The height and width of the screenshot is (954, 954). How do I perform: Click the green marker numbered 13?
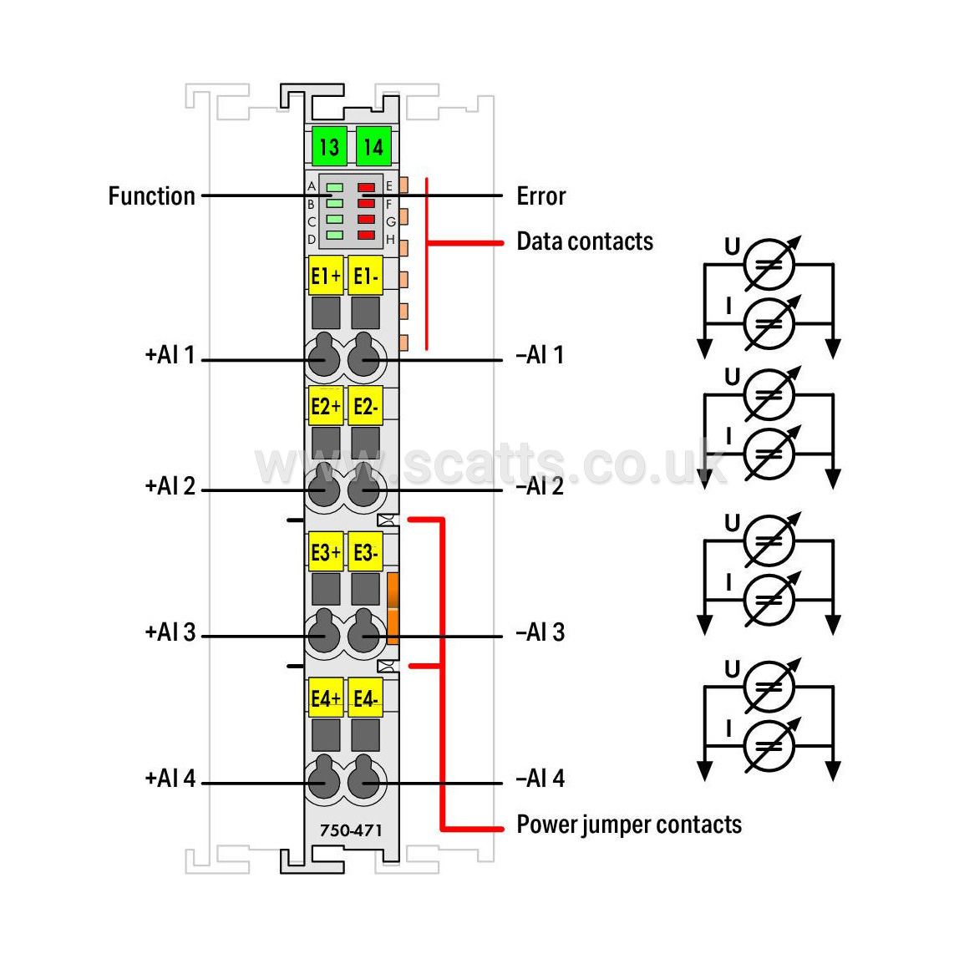coord(329,146)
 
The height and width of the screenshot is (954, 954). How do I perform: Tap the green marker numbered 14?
coord(373,146)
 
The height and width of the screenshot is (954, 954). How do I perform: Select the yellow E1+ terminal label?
coord(326,276)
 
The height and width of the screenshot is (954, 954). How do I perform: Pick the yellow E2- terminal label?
coord(366,405)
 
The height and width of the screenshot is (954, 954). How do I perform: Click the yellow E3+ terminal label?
coord(326,551)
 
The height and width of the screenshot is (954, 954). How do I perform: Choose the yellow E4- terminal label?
coord(366,698)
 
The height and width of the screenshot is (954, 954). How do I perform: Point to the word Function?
coord(151,196)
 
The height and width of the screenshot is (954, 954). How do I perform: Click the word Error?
coord(540,196)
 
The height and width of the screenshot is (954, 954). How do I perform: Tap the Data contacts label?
coord(585,241)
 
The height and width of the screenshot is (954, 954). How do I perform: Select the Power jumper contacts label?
coord(629,825)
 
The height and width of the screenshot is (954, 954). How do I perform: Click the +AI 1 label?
coord(170,355)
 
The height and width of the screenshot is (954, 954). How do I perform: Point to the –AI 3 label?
coord(540,632)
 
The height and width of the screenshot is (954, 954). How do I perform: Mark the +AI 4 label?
coord(170,779)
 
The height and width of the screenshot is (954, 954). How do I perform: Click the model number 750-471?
coord(351,830)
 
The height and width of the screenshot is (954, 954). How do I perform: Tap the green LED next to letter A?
coord(335,187)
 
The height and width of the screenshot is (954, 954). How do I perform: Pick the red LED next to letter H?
coord(366,235)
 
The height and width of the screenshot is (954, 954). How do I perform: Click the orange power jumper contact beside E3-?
coord(393,608)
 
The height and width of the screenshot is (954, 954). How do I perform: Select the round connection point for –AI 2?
coord(364,487)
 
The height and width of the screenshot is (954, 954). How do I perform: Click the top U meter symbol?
coord(769,264)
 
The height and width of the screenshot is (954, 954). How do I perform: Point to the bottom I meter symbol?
coord(769,745)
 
